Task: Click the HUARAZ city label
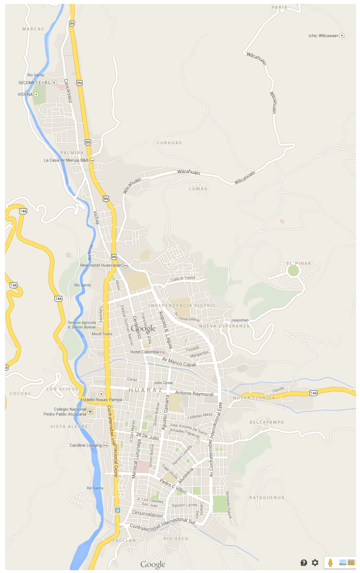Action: point(145,390)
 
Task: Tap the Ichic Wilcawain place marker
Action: point(342,35)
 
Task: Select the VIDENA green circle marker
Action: point(36,95)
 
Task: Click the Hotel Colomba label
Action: point(144,352)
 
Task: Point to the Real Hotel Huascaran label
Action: point(101,265)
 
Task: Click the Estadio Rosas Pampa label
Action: point(101,400)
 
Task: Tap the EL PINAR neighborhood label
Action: point(299,264)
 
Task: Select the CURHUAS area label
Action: point(169,143)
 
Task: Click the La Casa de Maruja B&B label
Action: point(66,160)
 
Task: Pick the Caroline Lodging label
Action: point(85,446)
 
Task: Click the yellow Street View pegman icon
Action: point(330,563)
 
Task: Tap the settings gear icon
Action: point(315,563)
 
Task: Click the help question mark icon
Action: point(304,563)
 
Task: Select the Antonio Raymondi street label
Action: point(194,394)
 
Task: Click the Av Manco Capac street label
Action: point(179,362)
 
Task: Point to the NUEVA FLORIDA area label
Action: point(254,398)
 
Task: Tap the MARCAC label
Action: point(33,29)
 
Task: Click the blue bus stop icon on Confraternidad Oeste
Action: point(117,510)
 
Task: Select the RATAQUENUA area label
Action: point(267,498)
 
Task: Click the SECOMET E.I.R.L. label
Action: point(34,83)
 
